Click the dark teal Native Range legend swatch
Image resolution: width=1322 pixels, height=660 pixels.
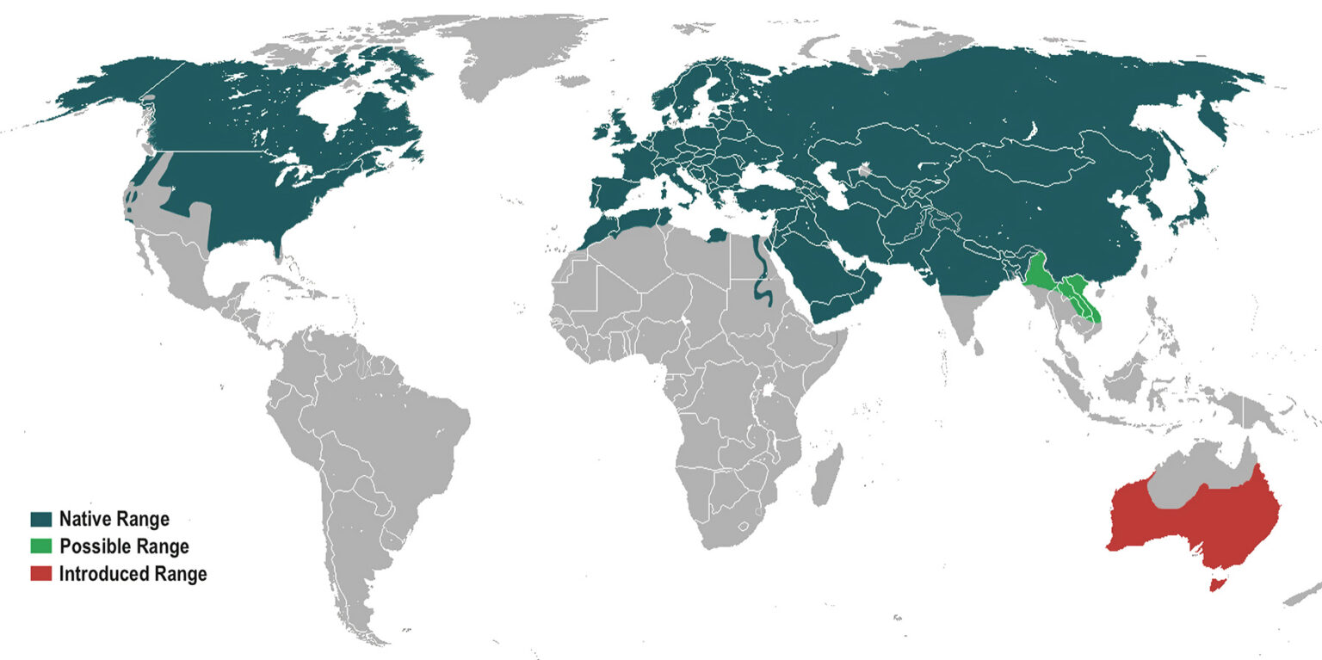click(x=40, y=520)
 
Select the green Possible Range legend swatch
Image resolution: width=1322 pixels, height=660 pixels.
click(x=40, y=546)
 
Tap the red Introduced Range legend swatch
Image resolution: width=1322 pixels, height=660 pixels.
click(x=40, y=573)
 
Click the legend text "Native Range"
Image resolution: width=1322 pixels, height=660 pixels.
click(x=114, y=520)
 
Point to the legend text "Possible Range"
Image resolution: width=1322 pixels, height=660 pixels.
click(x=124, y=546)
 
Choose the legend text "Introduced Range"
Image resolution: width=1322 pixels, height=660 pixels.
click(x=133, y=574)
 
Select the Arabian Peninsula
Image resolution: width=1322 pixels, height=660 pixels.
click(x=826, y=275)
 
